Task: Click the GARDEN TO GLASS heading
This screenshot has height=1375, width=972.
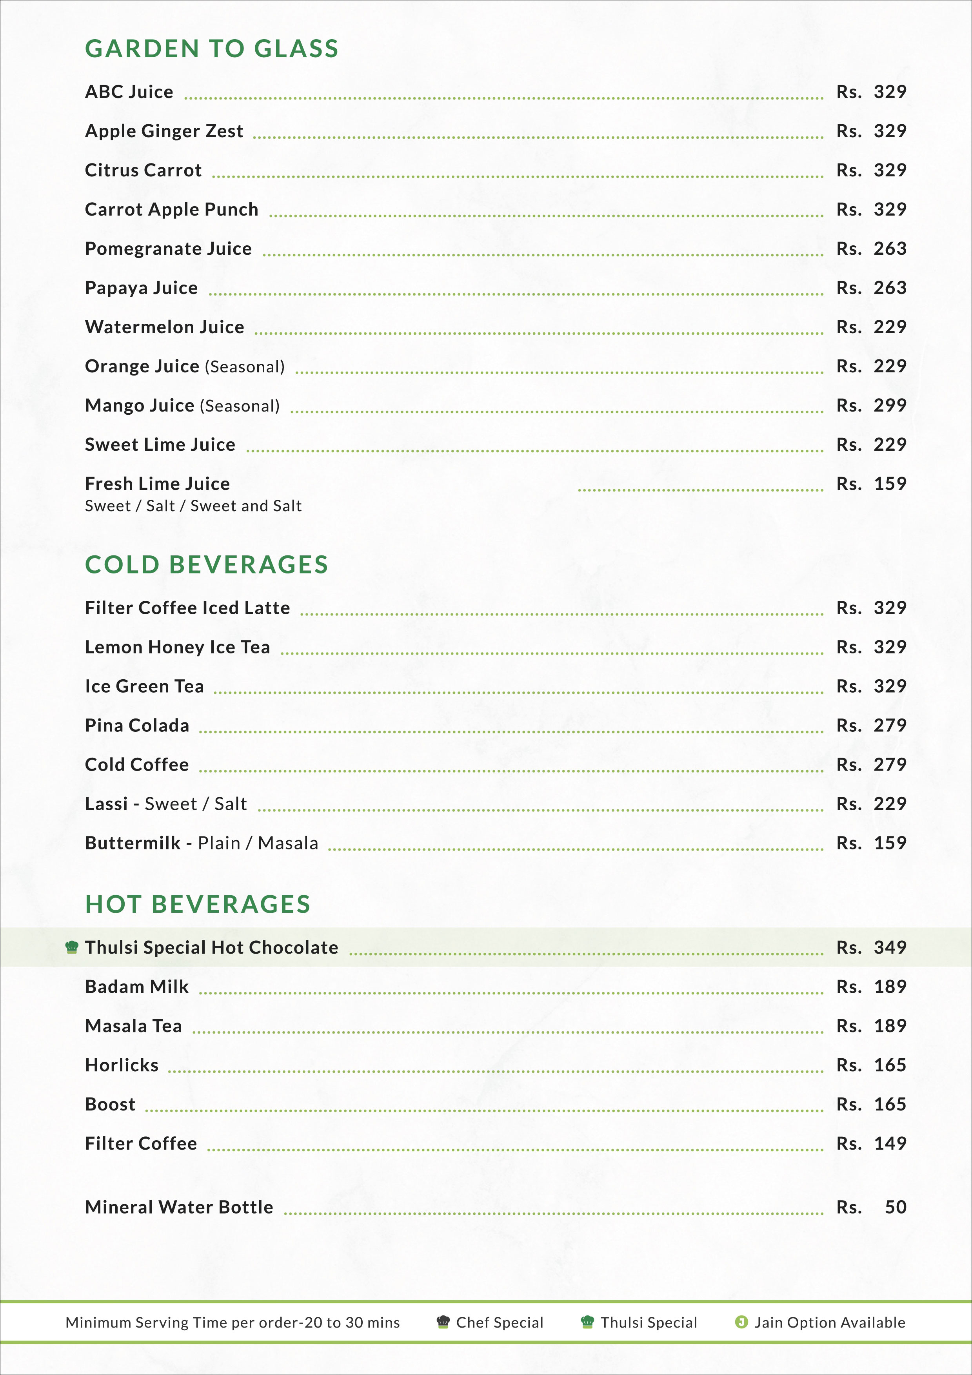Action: (x=211, y=49)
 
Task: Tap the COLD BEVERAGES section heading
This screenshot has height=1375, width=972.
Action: (x=207, y=565)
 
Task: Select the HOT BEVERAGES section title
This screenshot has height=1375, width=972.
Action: (x=198, y=904)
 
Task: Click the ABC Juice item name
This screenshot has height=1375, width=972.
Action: (x=129, y=92)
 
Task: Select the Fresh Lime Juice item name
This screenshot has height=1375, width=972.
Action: (x=157, y=484)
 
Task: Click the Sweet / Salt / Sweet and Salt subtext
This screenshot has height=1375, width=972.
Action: (x=193, y=506)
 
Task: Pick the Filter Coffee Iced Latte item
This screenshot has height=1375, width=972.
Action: (x=187, y=608)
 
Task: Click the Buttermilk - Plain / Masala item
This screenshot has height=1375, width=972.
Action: (x=201, y=843)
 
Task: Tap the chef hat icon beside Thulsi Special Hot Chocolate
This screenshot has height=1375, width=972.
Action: (x=72, y=947)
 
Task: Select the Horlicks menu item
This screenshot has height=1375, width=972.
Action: (x=122, y=1065)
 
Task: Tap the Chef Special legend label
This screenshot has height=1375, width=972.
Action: (x=500, y=1322)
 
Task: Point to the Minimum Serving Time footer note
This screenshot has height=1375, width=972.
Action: (x=233, y=1322)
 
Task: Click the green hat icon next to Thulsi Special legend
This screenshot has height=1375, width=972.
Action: (x=587, y=1322)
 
